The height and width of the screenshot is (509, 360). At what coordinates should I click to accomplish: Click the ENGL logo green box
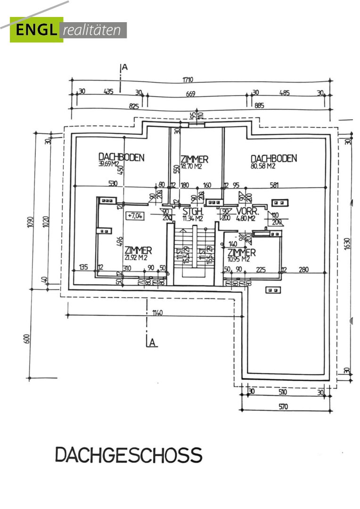(x=36, y=30)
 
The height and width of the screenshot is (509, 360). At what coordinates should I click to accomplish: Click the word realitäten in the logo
(x=94, y=31)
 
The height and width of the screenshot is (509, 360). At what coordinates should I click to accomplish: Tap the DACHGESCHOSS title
(x=129, y=455)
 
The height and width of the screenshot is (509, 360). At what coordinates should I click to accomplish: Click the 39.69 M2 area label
(x=108, y=164)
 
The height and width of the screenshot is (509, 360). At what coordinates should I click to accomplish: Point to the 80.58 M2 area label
(x=263, y=166)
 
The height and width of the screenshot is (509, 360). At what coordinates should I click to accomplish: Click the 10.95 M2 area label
(x=239, y=259)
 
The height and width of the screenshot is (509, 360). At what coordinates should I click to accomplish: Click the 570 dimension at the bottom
(x=283, y=407)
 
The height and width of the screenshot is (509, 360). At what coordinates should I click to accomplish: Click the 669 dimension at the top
(x=190, y=94)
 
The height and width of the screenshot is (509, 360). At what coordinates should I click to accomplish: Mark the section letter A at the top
(x=125, y=67)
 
